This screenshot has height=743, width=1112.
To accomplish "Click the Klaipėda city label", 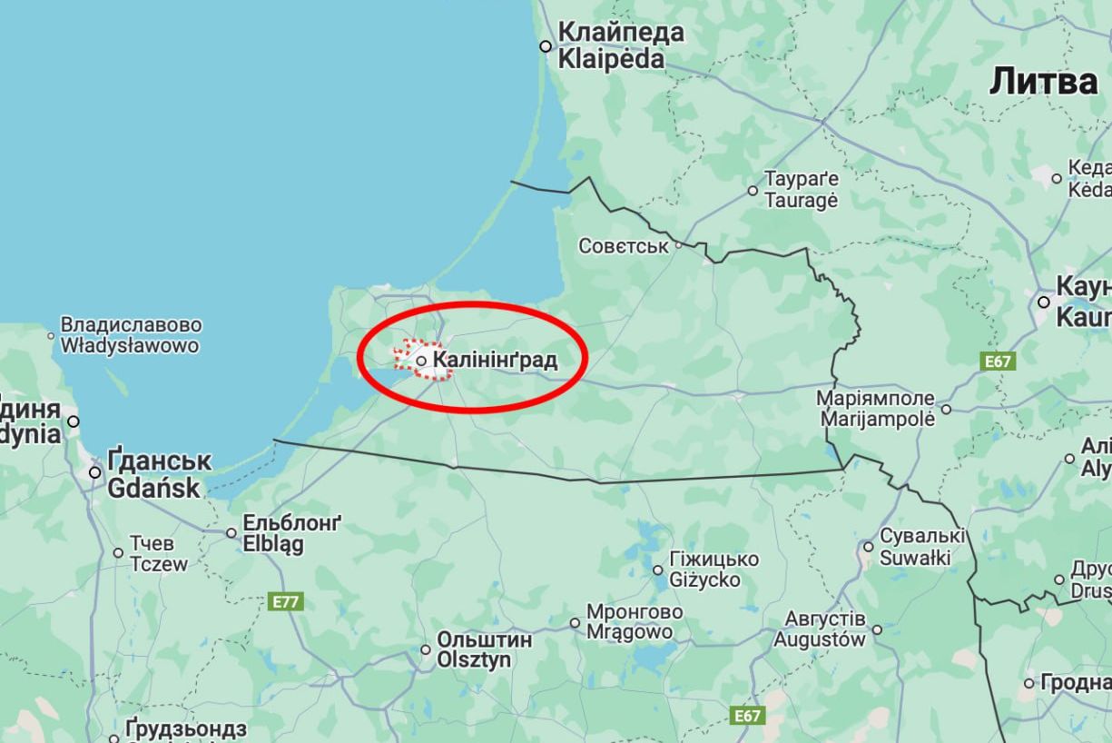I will tap(620, 45).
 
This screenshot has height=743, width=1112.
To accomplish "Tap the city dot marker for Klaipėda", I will tap(546, 46).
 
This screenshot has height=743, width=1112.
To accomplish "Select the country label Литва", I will tap(1043, 82).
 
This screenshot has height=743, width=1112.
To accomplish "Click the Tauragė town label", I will tap(801, 189).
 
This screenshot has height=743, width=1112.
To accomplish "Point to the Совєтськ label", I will tap(623, 246).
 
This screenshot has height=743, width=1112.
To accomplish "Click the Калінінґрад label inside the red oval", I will tap(495, 361).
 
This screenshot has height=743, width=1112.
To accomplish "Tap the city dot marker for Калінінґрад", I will tap(421, 361).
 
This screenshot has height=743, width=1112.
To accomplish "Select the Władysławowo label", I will tap(130, 335).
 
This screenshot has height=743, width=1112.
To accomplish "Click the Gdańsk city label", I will tap(159, 474).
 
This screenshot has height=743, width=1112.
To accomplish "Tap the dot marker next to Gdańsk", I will tap(94, 472).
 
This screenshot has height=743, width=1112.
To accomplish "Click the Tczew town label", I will tap(159, 553).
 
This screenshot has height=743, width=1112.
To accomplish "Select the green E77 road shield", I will tap(288, 601).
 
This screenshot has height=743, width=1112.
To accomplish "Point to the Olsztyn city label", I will tap(485, 649).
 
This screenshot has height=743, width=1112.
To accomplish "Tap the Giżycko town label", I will tap(713, 570).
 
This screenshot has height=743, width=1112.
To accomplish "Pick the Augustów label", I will tap(820, 629).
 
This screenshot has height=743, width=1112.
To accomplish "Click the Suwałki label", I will tap(922, 546).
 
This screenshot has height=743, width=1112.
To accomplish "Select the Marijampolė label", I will tap(877, 409).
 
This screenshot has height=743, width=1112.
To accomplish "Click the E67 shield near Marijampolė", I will tap(998, 362).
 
